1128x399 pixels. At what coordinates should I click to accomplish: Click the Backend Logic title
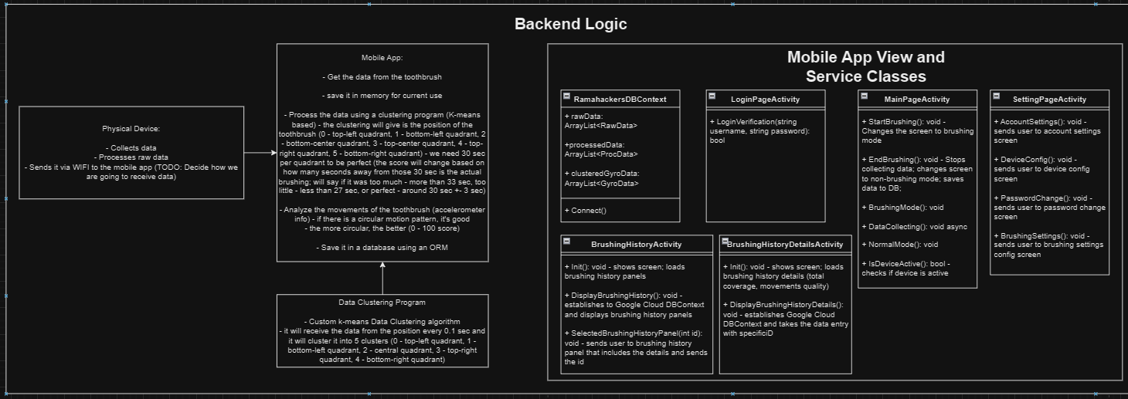570,24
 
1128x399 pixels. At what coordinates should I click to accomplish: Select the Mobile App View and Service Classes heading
865,66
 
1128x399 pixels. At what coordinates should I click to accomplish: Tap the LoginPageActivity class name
765,99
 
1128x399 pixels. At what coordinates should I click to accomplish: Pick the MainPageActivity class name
917,99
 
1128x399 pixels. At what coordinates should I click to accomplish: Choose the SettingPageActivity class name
1049,99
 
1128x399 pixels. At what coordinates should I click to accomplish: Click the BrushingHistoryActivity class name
636,244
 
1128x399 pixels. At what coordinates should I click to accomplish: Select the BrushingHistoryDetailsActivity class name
785,244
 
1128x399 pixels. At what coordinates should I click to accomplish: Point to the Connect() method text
586,211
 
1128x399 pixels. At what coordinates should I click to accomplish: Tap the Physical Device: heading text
131,129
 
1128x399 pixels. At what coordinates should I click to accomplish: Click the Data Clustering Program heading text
382,303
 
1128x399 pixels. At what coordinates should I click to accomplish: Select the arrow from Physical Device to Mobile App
260,152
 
